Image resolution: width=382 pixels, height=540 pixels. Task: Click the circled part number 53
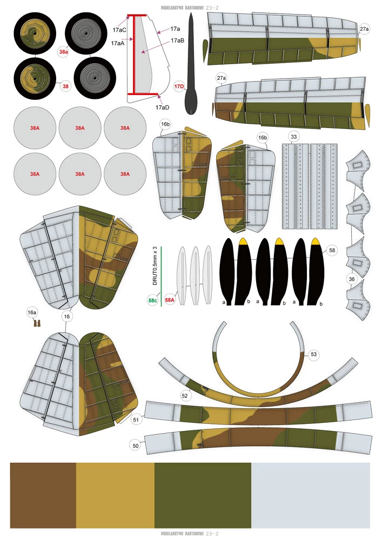(314, 354)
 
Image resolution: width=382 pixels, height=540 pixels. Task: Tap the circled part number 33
(293, 136)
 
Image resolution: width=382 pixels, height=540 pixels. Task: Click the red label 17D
(179, 86)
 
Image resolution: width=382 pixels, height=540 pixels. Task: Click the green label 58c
(153, 300)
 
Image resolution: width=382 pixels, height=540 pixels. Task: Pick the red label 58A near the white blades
(170, 300)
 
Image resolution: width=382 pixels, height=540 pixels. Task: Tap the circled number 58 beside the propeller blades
(332, 251)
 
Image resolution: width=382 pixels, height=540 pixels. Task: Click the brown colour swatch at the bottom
(43, 495)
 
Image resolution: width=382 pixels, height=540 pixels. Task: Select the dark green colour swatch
(203, 495)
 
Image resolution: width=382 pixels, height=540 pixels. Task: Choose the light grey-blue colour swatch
(311, 495)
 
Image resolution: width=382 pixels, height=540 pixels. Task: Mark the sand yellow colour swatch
(115, 495)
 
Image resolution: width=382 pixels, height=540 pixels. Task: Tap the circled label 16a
(32, 312)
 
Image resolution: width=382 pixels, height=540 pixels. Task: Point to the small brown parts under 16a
(37, 323)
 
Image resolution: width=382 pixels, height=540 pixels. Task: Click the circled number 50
(136, 445)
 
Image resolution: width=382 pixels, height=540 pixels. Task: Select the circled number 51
(136, 418)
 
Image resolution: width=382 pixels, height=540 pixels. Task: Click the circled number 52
(185, 395)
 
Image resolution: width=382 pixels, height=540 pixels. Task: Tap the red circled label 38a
(64, 52)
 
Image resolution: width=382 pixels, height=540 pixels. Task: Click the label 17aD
(163, 107)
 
